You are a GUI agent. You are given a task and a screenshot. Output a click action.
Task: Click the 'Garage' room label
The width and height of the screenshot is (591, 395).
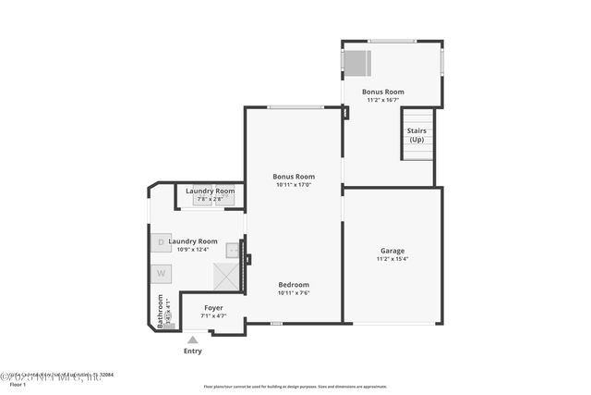392,251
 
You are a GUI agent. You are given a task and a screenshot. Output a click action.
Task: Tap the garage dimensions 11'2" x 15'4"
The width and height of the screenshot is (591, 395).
392,260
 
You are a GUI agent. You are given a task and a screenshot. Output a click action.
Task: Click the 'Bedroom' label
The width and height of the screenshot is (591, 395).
294,285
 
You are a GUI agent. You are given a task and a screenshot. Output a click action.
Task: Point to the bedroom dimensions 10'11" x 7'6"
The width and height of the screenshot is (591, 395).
294,293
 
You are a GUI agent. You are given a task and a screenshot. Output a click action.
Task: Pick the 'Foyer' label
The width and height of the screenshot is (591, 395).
213,308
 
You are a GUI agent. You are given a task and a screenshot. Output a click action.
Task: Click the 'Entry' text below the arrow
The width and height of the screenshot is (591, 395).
193,351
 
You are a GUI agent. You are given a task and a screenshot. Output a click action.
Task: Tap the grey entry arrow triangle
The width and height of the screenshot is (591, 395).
193,339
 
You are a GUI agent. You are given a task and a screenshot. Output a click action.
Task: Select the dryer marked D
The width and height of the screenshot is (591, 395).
161,242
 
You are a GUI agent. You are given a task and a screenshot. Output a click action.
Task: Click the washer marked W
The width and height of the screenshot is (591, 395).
161,273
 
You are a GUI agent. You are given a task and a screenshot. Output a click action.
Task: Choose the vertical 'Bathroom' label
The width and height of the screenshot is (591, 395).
161,312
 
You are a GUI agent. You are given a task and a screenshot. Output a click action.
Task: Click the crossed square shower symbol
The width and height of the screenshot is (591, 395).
226,276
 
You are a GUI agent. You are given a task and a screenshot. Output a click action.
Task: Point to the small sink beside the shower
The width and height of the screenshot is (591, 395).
233,249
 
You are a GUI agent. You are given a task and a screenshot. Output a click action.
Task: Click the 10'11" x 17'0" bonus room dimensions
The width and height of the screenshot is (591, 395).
294,185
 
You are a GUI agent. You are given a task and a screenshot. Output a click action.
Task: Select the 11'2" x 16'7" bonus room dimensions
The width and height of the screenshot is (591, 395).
383,101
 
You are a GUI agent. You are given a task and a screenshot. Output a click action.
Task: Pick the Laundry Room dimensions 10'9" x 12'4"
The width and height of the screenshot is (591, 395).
193,249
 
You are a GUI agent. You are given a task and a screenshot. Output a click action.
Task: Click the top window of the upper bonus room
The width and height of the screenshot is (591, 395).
392,41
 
